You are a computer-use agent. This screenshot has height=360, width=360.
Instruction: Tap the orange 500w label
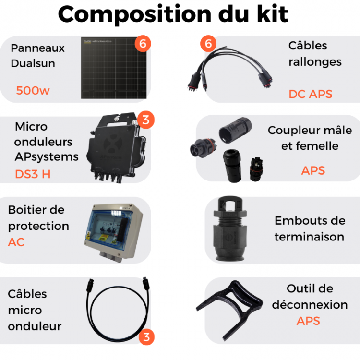pyautogui.click(x=33, y=90)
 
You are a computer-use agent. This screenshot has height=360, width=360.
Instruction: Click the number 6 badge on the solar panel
pyautogui.click(x=143, y=44)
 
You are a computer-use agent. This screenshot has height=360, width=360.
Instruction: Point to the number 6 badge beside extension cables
pyautogui.click(x=208, y=44)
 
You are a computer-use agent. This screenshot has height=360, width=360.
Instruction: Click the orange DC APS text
pyautogui.click(x=310, y=94)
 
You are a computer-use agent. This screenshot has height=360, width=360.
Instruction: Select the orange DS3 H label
pyautogui.click(x=32, y=174)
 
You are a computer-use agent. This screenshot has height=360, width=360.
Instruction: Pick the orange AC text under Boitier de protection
pyautogui.click(x=16, y=242)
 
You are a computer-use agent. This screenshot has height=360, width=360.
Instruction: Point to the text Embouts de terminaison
pyautogui.click(x=310, y=228)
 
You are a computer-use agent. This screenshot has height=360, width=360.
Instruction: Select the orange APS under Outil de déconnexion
pyautogui.click(x=308, y=321)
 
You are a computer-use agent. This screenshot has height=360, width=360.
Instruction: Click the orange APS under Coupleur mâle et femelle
pyautogui.click(x=313, y=170)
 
